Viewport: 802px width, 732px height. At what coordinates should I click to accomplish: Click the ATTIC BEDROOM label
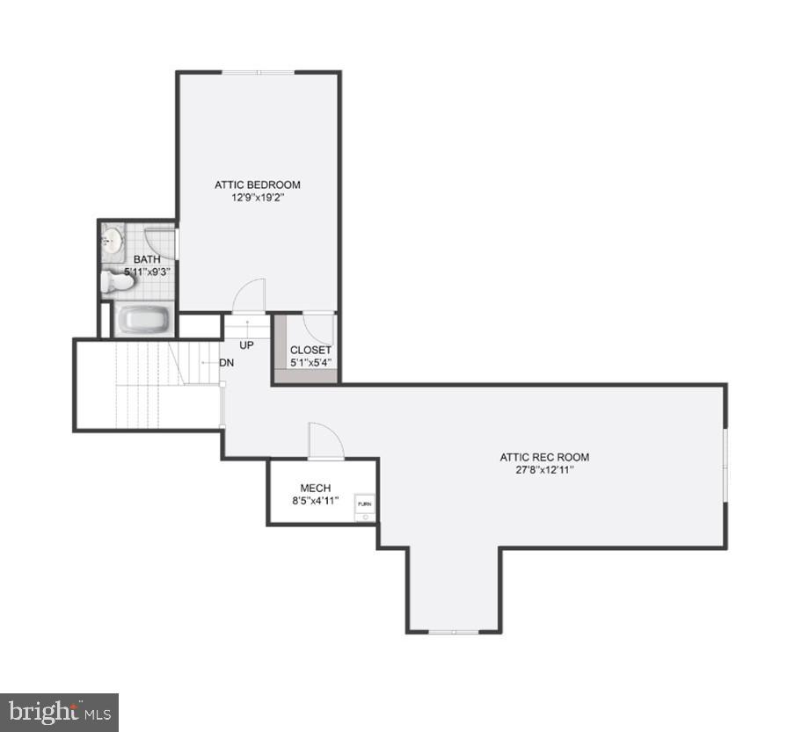tap(258, 185)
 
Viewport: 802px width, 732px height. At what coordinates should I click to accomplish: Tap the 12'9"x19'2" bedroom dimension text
tap(258, 198)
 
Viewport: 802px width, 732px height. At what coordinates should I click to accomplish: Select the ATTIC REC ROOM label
tap(544, 457)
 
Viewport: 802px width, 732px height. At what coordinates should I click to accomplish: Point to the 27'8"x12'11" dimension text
tap(544, 470)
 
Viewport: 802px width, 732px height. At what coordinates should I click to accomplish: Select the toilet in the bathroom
tap(116, 282)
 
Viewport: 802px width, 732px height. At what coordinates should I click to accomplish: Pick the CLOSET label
tap(310, 350)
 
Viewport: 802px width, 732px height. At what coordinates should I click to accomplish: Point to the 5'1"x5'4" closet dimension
tap(310, 362)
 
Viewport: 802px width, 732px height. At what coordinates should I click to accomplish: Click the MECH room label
tap(315, 489)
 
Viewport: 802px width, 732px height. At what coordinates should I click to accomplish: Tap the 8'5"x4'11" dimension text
tap(315, 501)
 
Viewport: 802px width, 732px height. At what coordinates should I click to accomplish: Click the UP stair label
tap(246, 345)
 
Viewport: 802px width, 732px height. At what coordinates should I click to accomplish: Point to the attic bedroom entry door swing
tap(251, 294)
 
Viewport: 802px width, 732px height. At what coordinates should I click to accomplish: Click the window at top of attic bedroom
tap(258, 72)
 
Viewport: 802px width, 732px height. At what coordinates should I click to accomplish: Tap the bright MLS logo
tap(59, 712)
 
